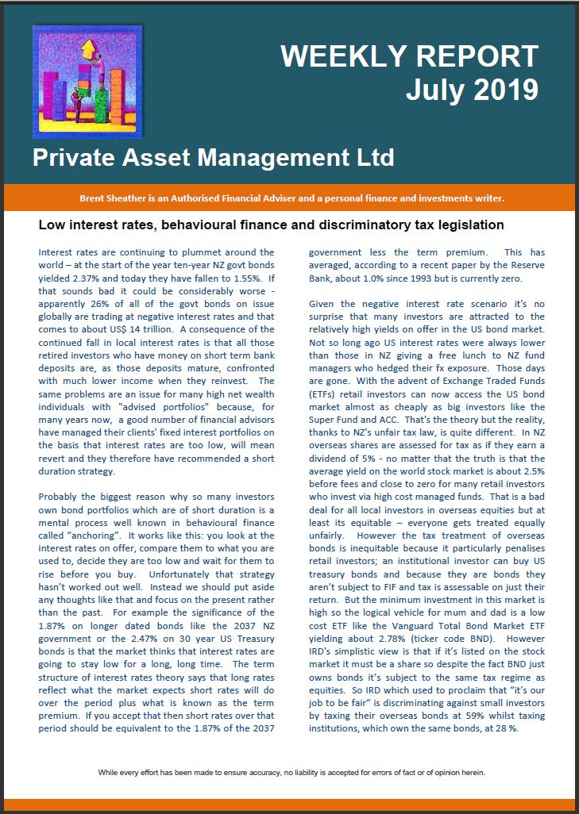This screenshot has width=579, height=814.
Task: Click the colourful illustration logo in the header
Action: pos(87,82)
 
